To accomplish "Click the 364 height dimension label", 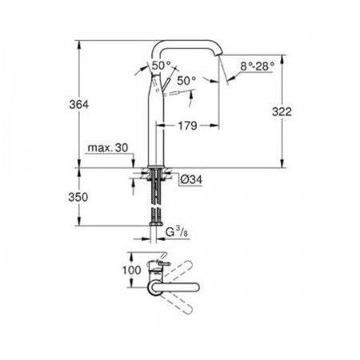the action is pos(78,104).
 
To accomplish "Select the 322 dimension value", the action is pos(282,112).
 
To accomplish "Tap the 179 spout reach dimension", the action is pos(187,126).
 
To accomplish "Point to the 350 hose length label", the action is pos(78,198).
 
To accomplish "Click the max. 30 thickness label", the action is pos(108,147).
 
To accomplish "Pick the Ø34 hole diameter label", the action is pos(191,179).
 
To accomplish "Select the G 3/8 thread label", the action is pos(177,233).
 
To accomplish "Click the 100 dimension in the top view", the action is pos(131,270).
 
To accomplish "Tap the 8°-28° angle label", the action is pos(257,66).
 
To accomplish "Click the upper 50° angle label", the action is pos(162,66).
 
